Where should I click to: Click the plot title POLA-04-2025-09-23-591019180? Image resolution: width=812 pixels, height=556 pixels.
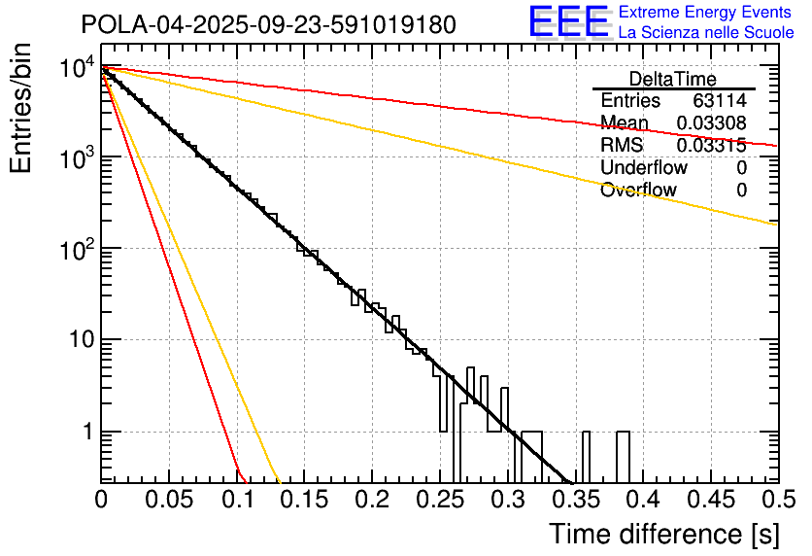[268, 24]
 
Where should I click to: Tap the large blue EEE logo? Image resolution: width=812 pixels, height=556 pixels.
[567, 21]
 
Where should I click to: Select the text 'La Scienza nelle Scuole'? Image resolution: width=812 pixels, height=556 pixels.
[706, 32]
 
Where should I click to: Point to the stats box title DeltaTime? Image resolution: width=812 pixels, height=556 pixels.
[673, 79]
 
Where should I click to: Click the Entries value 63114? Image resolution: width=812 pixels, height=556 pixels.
[720, 101]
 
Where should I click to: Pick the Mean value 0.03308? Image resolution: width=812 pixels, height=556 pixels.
[711, 123]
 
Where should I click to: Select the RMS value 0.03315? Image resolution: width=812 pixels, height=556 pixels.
[711, 146]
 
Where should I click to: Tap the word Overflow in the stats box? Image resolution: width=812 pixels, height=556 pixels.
[638, 191]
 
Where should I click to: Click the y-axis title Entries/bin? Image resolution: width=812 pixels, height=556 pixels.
[21, 109]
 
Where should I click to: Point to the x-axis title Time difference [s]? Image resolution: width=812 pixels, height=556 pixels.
[663, 534]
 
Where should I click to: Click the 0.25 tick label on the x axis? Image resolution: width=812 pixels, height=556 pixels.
[439, 501]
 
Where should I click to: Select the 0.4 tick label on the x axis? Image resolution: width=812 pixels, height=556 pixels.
[642, 501]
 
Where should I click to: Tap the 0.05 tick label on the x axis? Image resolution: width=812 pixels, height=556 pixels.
[168, 501]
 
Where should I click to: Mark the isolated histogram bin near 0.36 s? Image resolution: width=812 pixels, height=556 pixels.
[587, 457]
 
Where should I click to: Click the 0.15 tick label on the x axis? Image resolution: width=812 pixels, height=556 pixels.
[304, 501]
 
